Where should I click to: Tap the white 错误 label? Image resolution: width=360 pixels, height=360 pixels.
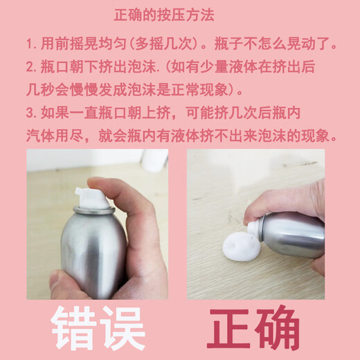pos(96,327)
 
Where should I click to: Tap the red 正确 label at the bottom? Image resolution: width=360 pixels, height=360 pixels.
pos(253,327)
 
